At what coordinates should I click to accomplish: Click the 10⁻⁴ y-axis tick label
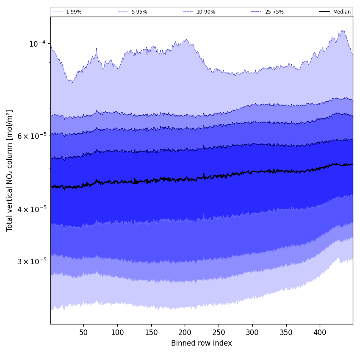click(x=37, y=43)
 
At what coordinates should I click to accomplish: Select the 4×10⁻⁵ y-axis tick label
click(x=32, y=209)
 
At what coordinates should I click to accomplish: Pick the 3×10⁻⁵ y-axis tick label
click(x=32, y=261)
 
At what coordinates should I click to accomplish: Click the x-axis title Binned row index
click(x=202, y=343)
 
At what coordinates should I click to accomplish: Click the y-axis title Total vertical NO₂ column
click(x=10, y=170)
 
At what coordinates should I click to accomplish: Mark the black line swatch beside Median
click(x=324, y=12)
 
